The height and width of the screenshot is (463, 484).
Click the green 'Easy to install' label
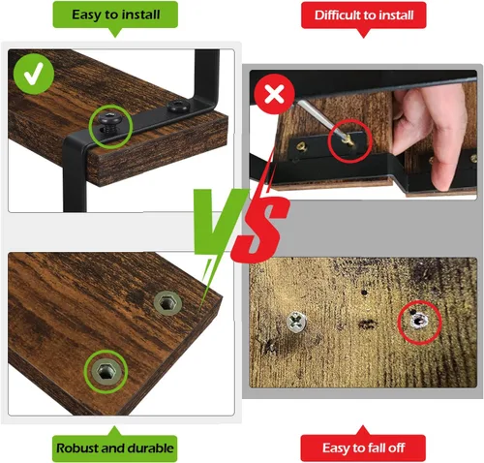(115, 15)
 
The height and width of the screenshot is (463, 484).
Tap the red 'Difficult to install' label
(364, 15)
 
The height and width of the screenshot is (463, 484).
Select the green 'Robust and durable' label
(115, 448)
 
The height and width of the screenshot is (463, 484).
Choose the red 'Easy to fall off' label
(363, 448)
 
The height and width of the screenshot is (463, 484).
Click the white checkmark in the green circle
(34, 74)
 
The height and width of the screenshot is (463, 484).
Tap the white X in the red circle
(274, 94)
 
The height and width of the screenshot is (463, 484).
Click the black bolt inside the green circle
(110, 123)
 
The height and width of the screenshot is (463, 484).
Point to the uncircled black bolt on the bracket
(177, 106)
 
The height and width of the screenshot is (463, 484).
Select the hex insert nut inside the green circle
(106, 371)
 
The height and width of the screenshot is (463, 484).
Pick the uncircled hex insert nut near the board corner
(167, 303)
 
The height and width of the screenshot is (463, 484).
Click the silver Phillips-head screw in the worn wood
(296, 322)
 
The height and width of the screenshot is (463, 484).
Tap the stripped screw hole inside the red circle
(418, 322)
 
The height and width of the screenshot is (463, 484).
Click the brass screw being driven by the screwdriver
(348, 140)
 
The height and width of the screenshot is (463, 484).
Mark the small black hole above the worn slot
(364, 293)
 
